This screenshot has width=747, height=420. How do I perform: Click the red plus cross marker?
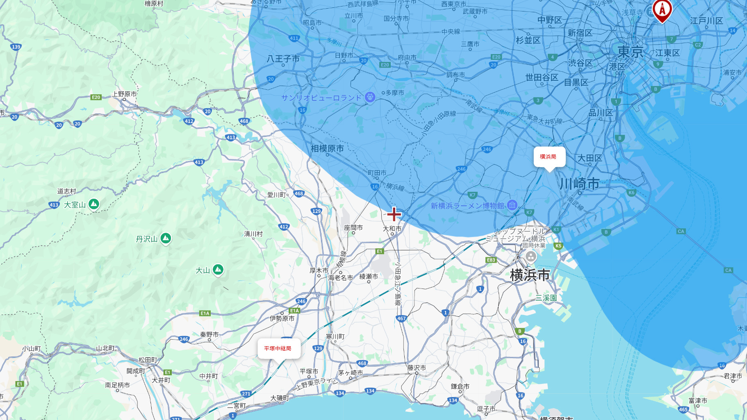pos(394,214)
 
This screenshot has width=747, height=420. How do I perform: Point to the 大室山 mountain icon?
pos(94,204)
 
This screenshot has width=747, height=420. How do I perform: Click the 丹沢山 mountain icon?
pos(166,238)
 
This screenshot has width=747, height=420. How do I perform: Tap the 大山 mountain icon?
pos(218,270)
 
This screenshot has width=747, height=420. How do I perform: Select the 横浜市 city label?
pos(530,275)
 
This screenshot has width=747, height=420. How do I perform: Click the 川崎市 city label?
pos(579,184)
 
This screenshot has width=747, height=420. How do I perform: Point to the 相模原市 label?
pos(327,148)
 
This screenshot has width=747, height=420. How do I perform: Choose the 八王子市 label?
pos(283,59)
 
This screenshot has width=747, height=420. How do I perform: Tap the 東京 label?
pos(630,52)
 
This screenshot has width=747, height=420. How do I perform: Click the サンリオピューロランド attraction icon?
pos(370,98)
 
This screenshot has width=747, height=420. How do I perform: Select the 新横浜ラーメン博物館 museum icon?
pos(512,205)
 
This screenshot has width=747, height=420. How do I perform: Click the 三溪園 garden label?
pos(546,298)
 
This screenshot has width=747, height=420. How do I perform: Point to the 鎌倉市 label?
pos(460,386)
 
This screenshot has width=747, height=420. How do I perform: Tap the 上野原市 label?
pos(125,94)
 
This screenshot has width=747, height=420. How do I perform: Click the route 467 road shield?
pos(401,318)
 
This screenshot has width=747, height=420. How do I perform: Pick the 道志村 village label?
pos(66,191)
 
